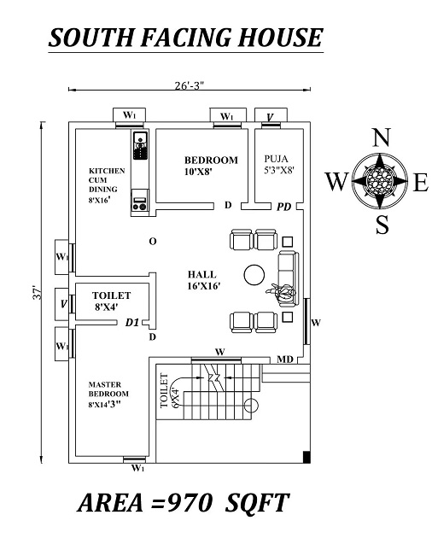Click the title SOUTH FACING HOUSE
click(x=185, y=38)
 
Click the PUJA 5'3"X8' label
click(x=279, y=164)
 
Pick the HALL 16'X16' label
click(x=205, y=279)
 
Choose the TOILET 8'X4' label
click(x=111, y=300)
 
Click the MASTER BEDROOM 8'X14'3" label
click(x=108, y=395)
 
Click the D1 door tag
click(x=131, y=323)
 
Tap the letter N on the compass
click(x=382, y=138)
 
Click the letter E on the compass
click(x=420, y=182)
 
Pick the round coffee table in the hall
click(x=254, y=274)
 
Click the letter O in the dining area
click(x=152, y=242)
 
